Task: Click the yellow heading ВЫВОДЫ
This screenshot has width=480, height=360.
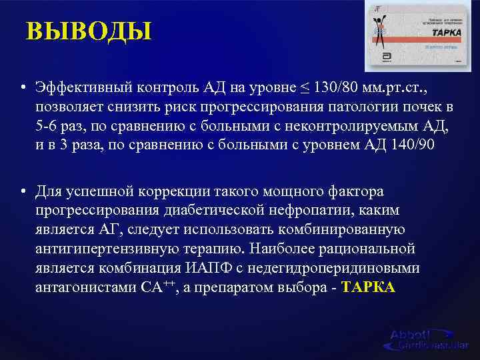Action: tap(89, 31)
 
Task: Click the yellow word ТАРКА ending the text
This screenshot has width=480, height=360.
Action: tap(367, 287)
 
